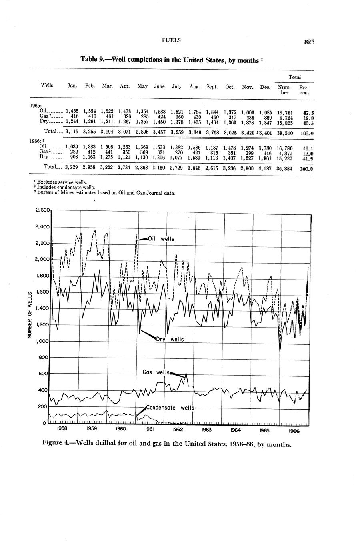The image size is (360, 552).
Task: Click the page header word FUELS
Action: tap(171, 40)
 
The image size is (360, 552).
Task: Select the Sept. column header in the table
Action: tap(212, 86)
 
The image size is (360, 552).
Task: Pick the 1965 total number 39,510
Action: tap(285, 132)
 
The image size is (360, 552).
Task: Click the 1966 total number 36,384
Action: tap(285, 168)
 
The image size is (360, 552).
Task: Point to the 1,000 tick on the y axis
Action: tap(42, 341)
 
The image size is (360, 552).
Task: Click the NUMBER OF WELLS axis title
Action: tap(30, 314)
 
